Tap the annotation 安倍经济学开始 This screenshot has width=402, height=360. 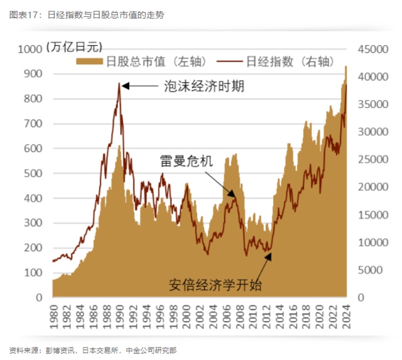tap(215, 285)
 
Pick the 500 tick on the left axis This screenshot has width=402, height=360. tap(34, 173)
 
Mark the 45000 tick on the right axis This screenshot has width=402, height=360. tap(371, 49)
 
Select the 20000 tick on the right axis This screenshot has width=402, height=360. tap(371, 187)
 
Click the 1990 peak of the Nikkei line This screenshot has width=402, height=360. tap(119, 83)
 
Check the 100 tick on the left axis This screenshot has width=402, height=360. tap(34, 273)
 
